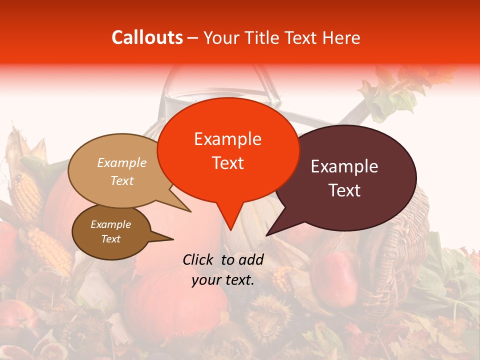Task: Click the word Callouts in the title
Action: click(x=147, y=37)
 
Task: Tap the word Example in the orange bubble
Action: click(x=227, y=139)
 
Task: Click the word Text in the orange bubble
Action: click(x=227, y=162)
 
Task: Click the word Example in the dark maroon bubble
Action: click(x=344, y=166)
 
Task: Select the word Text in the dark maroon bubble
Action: click(x=344, y=190)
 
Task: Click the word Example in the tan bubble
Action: click(x=121, y=162)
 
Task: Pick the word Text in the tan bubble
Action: click(x=121, y=180)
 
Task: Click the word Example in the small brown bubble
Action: click(x=110, y=224)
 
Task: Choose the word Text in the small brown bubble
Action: click(x=110, y=239)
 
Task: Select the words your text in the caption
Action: click(x=222, y=280)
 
